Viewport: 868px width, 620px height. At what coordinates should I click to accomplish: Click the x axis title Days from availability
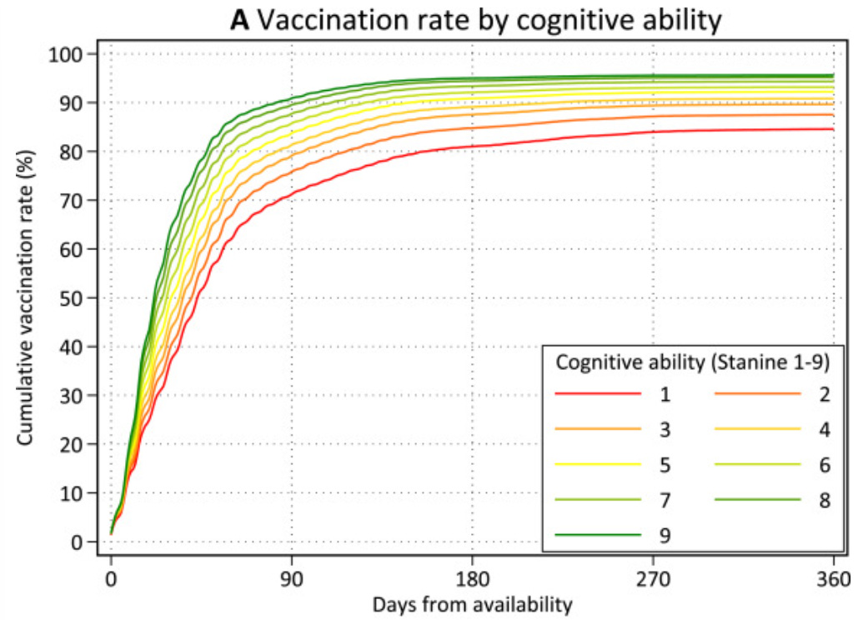coord(472,603)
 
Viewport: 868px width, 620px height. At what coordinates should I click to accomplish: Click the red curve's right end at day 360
coord(833,129)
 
